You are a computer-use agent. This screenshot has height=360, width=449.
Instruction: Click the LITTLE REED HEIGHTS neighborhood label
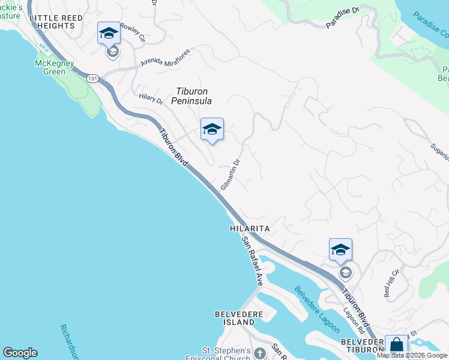point(56,22)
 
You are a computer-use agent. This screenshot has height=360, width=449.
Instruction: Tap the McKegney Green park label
point(54,67)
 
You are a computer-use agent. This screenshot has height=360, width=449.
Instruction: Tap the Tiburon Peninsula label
point(193,96)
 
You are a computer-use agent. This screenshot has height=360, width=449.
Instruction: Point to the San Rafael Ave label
point(252,261)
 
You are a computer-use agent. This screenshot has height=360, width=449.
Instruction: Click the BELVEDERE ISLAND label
point(235,318)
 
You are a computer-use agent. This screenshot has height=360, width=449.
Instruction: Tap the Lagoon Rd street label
point(354,321)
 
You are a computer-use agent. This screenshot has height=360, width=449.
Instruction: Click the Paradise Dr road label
point(342,18)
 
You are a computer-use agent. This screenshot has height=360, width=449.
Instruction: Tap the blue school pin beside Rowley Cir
point(109,33)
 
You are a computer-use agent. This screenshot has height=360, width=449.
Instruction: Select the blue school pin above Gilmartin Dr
point(212,129)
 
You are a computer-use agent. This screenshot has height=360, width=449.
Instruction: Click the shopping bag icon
point(396,346)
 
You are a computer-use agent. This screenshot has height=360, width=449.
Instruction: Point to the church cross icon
point(259,353)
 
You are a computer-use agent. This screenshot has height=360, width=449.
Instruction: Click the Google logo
point(20,353)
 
